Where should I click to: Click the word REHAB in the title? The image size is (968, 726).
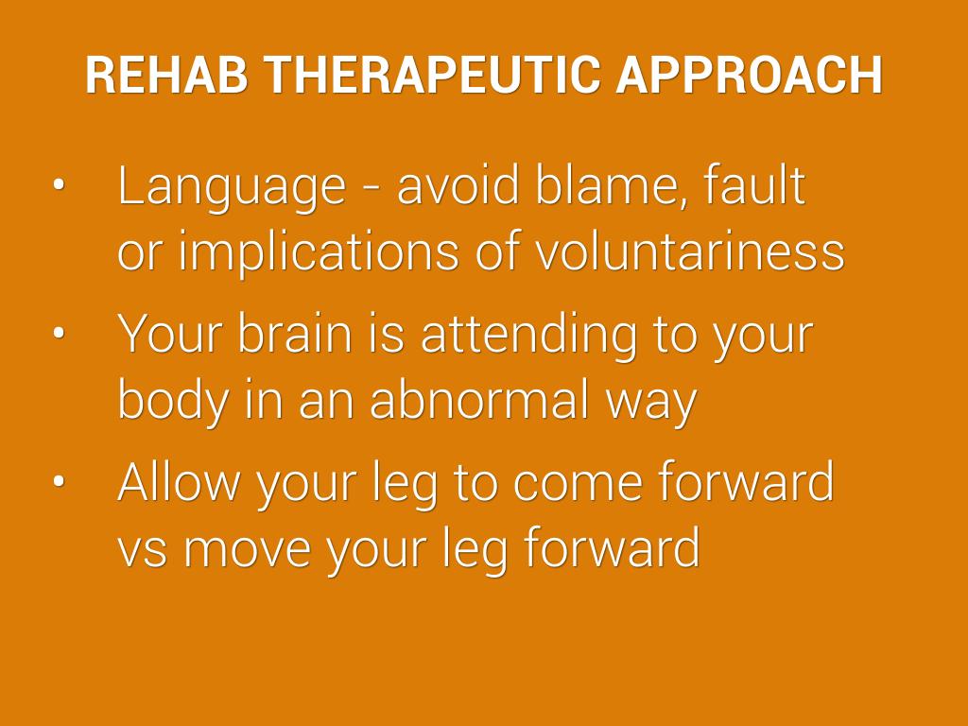pos(166,76)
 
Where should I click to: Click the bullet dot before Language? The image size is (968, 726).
pos(59,184)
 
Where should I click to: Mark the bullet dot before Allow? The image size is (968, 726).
pos(59,481)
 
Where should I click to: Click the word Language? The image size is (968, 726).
pos(232,188)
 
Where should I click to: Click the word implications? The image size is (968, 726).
pos(319,253)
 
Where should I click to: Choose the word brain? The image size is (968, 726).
pos(295,333)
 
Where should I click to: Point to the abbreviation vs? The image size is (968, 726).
pos(143,552)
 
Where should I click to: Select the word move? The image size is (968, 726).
pos(248,552)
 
